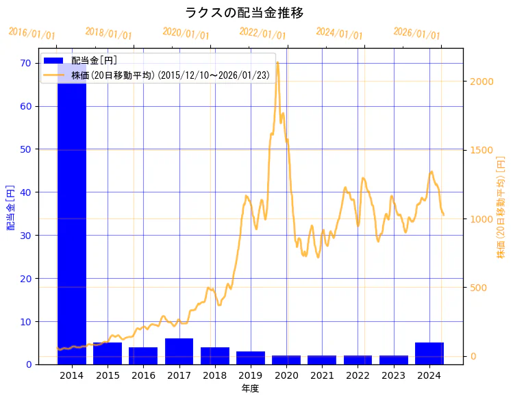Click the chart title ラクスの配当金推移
point(245,13)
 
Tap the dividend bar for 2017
point(179,351)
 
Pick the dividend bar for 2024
point(429,353)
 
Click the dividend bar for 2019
point(251,358)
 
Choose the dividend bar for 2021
point(322,360)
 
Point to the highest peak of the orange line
point(277,62)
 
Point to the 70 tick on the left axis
point(26,63)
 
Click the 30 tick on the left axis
point(26,235)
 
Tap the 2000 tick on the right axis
point(481,81)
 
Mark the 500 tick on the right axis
point(478,287)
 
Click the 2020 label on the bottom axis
point(286,375)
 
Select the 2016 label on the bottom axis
point(143,375)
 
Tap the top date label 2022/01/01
point(262,32)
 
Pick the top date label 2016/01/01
point(32,32)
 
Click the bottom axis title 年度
point(250,388)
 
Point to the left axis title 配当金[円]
point(11,207)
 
